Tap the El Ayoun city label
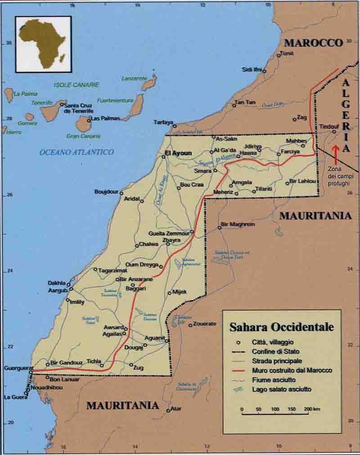[x=178, y=153]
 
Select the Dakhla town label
[x=57, y=283]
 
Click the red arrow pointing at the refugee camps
[x=335, y=152]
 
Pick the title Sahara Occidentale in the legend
[x=282, y=326]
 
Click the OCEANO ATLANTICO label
[x=76, y=152]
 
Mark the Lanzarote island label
[x=134, y=78]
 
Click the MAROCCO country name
[x=314, y=43]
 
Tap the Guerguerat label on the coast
[x=16, y=368]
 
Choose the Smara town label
[x=203, y=171]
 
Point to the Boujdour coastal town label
[x=106, y=192]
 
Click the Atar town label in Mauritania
[x=177, y=408]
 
